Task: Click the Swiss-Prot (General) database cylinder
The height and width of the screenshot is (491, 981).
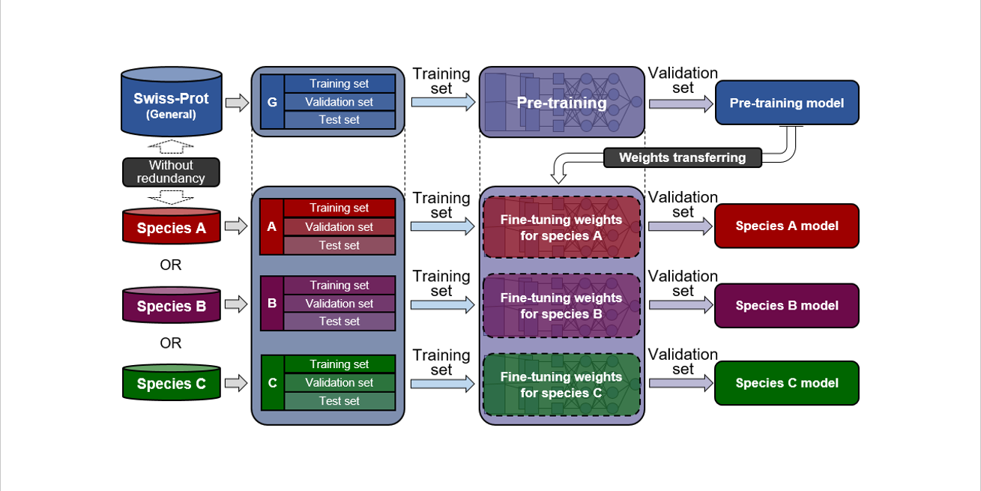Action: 171,104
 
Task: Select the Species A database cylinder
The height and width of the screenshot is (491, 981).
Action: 171,227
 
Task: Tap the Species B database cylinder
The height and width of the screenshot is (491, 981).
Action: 171,306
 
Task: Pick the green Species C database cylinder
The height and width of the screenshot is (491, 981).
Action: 171,383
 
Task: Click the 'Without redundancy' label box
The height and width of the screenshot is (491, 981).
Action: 171,172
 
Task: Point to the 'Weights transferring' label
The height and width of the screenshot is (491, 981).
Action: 682,157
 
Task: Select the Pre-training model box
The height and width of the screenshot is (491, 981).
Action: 786,103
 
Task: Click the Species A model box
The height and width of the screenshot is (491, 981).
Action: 786,226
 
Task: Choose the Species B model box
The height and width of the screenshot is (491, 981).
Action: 786,305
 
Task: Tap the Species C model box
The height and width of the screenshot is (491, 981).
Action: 786,383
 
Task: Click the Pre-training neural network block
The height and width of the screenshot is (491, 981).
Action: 561,102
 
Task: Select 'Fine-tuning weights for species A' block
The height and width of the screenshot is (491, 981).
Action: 561,228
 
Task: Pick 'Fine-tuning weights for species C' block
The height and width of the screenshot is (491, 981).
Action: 561,385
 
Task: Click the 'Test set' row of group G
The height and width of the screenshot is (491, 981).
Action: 339,120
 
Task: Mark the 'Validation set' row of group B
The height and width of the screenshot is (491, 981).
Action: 339,304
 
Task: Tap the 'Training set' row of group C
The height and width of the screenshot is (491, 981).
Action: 339,364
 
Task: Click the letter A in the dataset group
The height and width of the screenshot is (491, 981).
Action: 272,226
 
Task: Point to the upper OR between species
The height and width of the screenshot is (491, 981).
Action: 171,265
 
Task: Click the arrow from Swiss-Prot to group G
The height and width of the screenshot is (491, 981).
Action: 237,103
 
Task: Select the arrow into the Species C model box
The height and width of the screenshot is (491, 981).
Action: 680,383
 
